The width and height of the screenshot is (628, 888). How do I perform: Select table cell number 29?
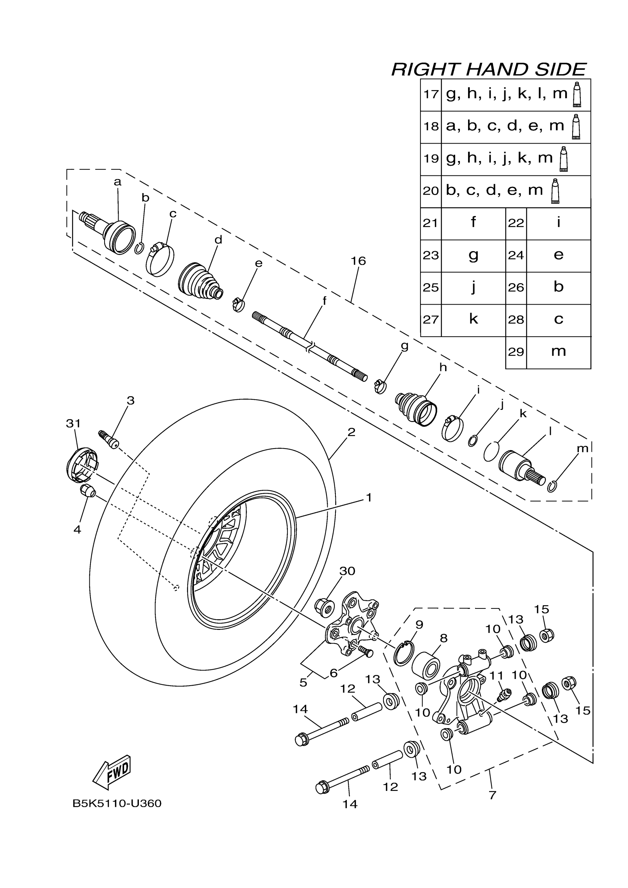(x=516, y=352)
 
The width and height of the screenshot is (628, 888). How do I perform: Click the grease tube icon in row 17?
(x=577, y=95)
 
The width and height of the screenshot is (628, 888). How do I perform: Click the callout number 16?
(x=358, y=261)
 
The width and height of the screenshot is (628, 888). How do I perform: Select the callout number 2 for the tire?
(x=351, y=432)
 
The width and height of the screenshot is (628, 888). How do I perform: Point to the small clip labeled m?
(x=552, y=487)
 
